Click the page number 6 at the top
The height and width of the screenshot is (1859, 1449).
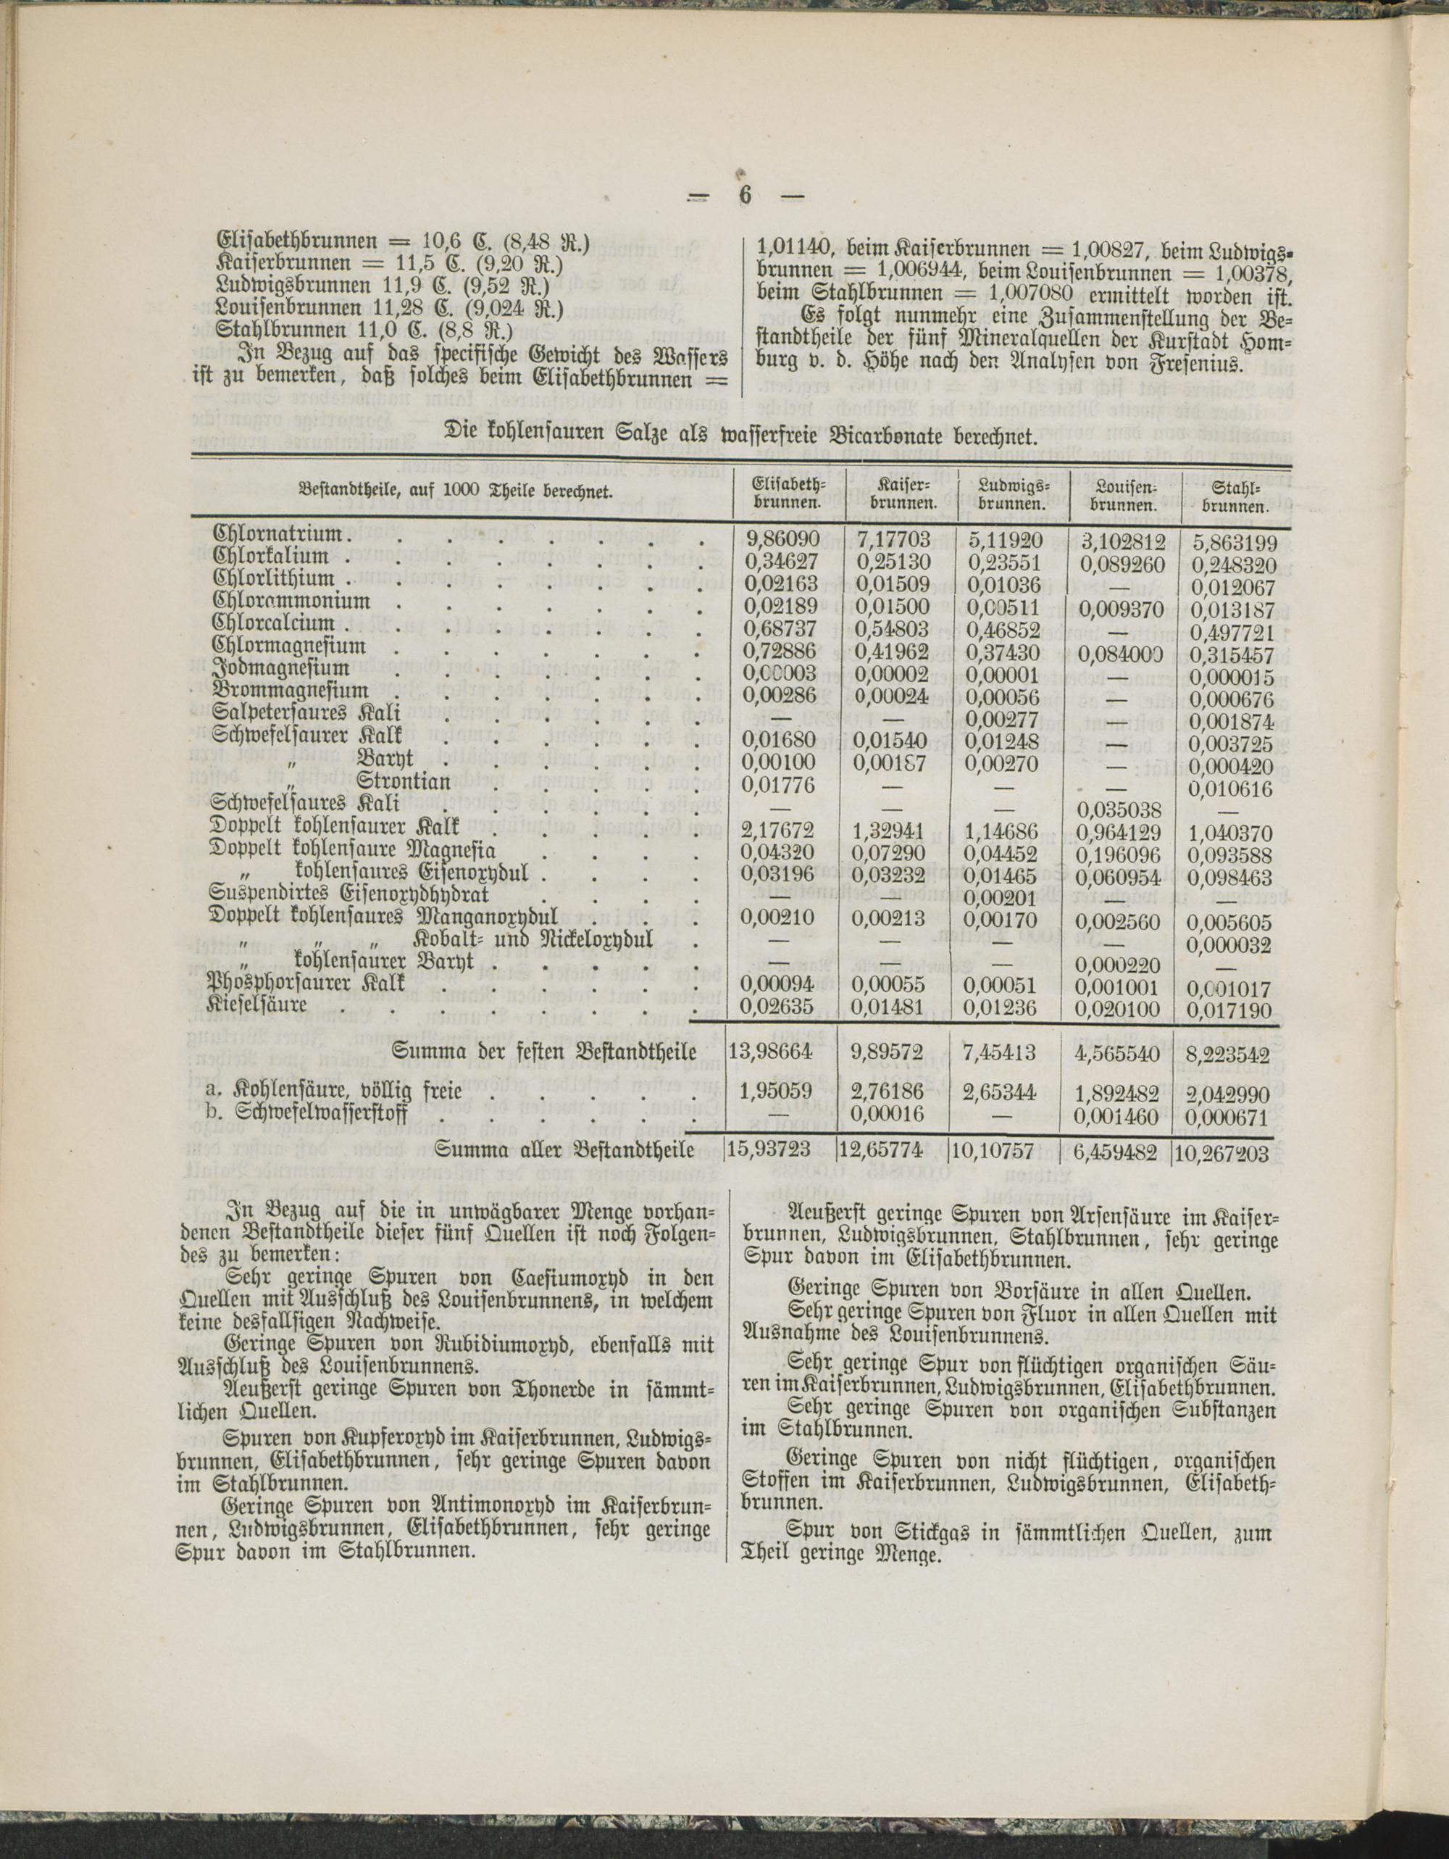point(745,196)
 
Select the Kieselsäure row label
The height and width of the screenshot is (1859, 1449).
point(259,1005)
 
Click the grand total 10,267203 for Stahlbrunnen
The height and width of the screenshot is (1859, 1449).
point(1226,1152)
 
